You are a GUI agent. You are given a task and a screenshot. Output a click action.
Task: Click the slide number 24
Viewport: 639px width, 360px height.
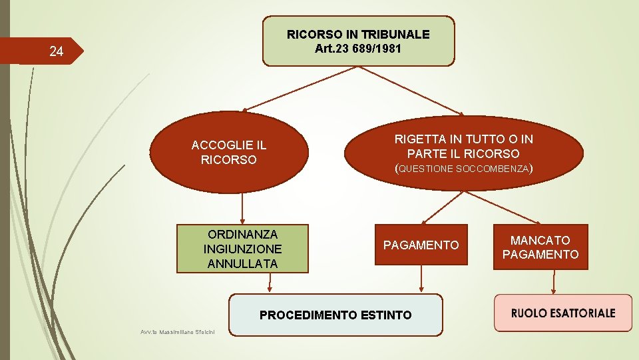pos(57,51)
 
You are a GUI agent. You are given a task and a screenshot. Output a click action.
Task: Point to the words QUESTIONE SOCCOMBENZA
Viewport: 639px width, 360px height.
pos(463,169)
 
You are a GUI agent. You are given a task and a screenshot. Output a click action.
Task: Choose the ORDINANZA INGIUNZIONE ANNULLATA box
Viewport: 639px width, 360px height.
pos(242,249)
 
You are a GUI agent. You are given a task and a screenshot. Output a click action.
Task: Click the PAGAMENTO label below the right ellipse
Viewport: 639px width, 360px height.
pos(421,245)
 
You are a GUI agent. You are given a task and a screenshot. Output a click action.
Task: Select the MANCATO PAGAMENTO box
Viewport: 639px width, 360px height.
pos(540,247)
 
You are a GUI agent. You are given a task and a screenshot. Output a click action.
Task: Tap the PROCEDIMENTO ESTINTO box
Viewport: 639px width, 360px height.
pos(335,315)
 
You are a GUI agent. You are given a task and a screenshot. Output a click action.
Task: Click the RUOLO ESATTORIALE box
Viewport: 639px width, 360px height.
pos(562,313)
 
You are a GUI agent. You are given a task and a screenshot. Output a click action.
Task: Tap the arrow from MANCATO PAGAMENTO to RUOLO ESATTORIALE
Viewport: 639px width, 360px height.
pos(554,281)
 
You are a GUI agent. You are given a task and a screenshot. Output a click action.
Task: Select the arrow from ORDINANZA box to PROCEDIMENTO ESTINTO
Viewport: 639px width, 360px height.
pos(270,283)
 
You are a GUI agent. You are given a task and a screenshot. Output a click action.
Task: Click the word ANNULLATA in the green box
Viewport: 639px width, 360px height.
pos(242,263)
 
